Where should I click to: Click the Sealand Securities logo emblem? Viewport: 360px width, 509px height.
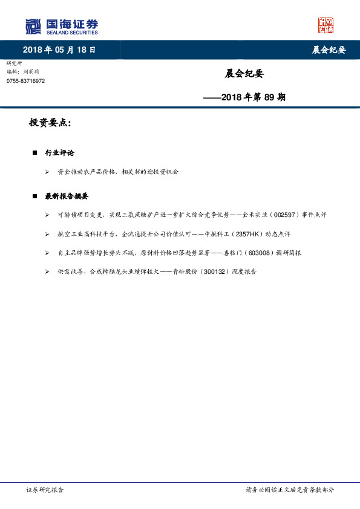(33, 26)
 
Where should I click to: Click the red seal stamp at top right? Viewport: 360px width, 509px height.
(326, 25)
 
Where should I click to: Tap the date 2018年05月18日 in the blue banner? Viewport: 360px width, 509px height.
(59, 50)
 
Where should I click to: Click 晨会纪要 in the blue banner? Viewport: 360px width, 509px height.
(329, 50)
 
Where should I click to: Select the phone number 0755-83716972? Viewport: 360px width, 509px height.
(25, 81)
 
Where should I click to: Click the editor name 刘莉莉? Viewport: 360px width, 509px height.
(38, 72)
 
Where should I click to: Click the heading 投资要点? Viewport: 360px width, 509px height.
(50, 123)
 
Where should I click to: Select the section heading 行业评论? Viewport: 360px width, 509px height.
(59, 153)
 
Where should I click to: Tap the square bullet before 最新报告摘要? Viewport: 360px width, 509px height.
(34, 196)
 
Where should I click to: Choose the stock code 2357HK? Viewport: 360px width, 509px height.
(249, 234)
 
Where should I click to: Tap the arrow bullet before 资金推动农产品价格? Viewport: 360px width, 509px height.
(47, 172)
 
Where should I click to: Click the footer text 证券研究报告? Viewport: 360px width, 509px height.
(45, 490)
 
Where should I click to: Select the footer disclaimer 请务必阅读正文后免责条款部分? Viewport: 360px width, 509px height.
(289, 490)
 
